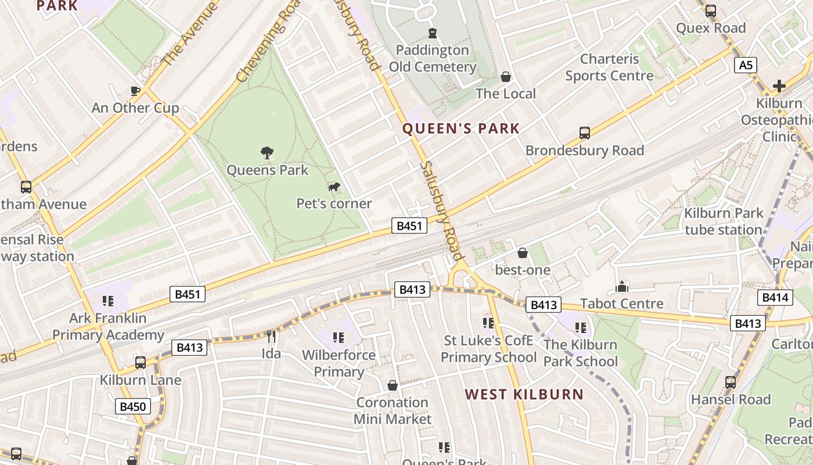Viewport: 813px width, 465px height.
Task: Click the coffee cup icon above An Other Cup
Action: (x=135, y=91)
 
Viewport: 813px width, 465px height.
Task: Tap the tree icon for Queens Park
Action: (x=267, y=153)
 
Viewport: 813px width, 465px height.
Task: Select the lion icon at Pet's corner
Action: (x=334, y=187)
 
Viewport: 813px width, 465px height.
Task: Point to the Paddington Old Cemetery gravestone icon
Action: (x=432, y=33)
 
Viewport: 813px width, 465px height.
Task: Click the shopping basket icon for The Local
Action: (x=506, y=77)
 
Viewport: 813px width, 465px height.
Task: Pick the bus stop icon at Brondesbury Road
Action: (x=585, y=133)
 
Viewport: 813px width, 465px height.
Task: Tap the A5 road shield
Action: (x=746, y=65)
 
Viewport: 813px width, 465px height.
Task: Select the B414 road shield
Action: (x=775, y=298)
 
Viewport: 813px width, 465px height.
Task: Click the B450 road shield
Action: (x=132, y=406)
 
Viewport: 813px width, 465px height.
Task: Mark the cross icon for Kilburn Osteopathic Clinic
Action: (x=779, y=87)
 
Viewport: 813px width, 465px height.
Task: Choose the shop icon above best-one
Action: (x=523, y=253)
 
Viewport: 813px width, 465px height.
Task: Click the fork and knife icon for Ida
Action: (x=271, y=336)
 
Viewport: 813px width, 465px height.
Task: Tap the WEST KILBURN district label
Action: (x=524, y=394)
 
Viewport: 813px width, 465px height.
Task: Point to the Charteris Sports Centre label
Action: (x=609, y=67)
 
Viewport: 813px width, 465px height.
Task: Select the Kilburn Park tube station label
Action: (x=724, y=221)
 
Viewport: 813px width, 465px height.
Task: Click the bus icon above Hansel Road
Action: (x=731, y=382)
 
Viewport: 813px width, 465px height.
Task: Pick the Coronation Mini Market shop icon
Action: (x=393, y=385)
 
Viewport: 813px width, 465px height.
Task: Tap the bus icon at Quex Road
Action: (x=710, y=11)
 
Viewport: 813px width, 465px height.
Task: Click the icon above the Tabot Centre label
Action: (x=622, y=287)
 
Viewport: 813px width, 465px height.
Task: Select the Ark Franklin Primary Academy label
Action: (x=108, y=327)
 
